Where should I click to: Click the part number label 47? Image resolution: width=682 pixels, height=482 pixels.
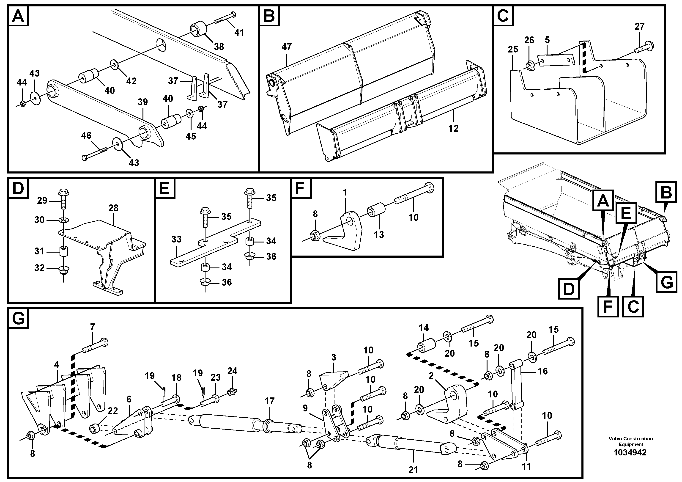point(286,47)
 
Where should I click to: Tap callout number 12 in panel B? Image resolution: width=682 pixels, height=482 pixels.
point(453,128)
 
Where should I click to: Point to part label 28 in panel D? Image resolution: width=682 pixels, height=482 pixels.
point(113,208)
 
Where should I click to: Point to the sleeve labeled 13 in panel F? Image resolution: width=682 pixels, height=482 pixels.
point(377,211)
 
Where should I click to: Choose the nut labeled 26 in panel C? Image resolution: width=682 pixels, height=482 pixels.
point(529,65)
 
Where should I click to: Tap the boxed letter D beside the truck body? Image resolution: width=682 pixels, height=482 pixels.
point(569,289)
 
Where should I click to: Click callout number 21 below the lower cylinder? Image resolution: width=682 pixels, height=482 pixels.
point(413,470)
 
